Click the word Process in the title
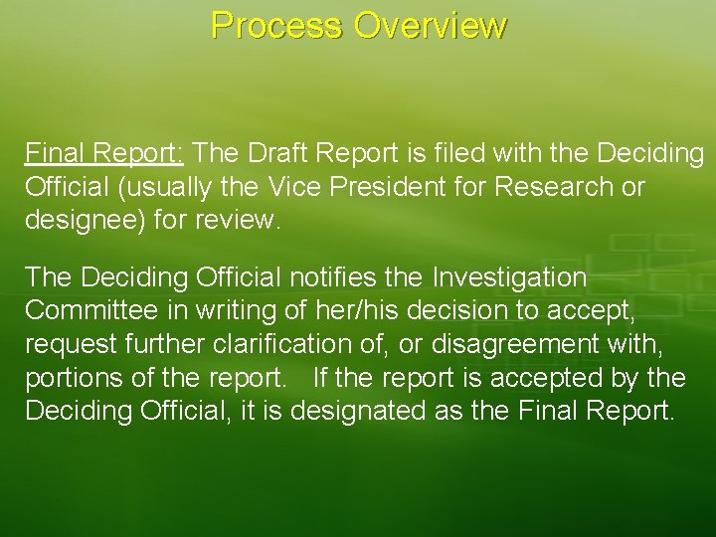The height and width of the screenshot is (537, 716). pos(275,25)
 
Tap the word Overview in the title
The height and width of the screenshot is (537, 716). pos(430,25)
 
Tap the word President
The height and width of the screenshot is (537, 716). pos(403,186)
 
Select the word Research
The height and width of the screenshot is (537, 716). pos(562,186)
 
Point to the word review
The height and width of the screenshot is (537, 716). pos(238,219)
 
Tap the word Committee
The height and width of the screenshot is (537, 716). pos(90,309)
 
